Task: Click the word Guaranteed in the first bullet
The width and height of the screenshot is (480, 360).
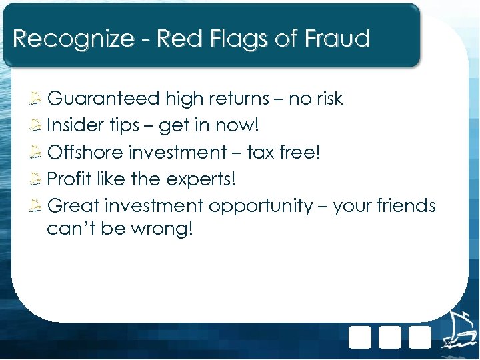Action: [x=103, y=99]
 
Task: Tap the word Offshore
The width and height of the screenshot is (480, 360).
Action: [x=86, y=153]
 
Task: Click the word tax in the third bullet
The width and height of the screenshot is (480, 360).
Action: [x=261, y=153]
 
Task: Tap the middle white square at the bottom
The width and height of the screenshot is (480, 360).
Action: [x=390, y=337]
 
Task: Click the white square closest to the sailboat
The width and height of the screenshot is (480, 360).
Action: [x=420, y=337]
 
